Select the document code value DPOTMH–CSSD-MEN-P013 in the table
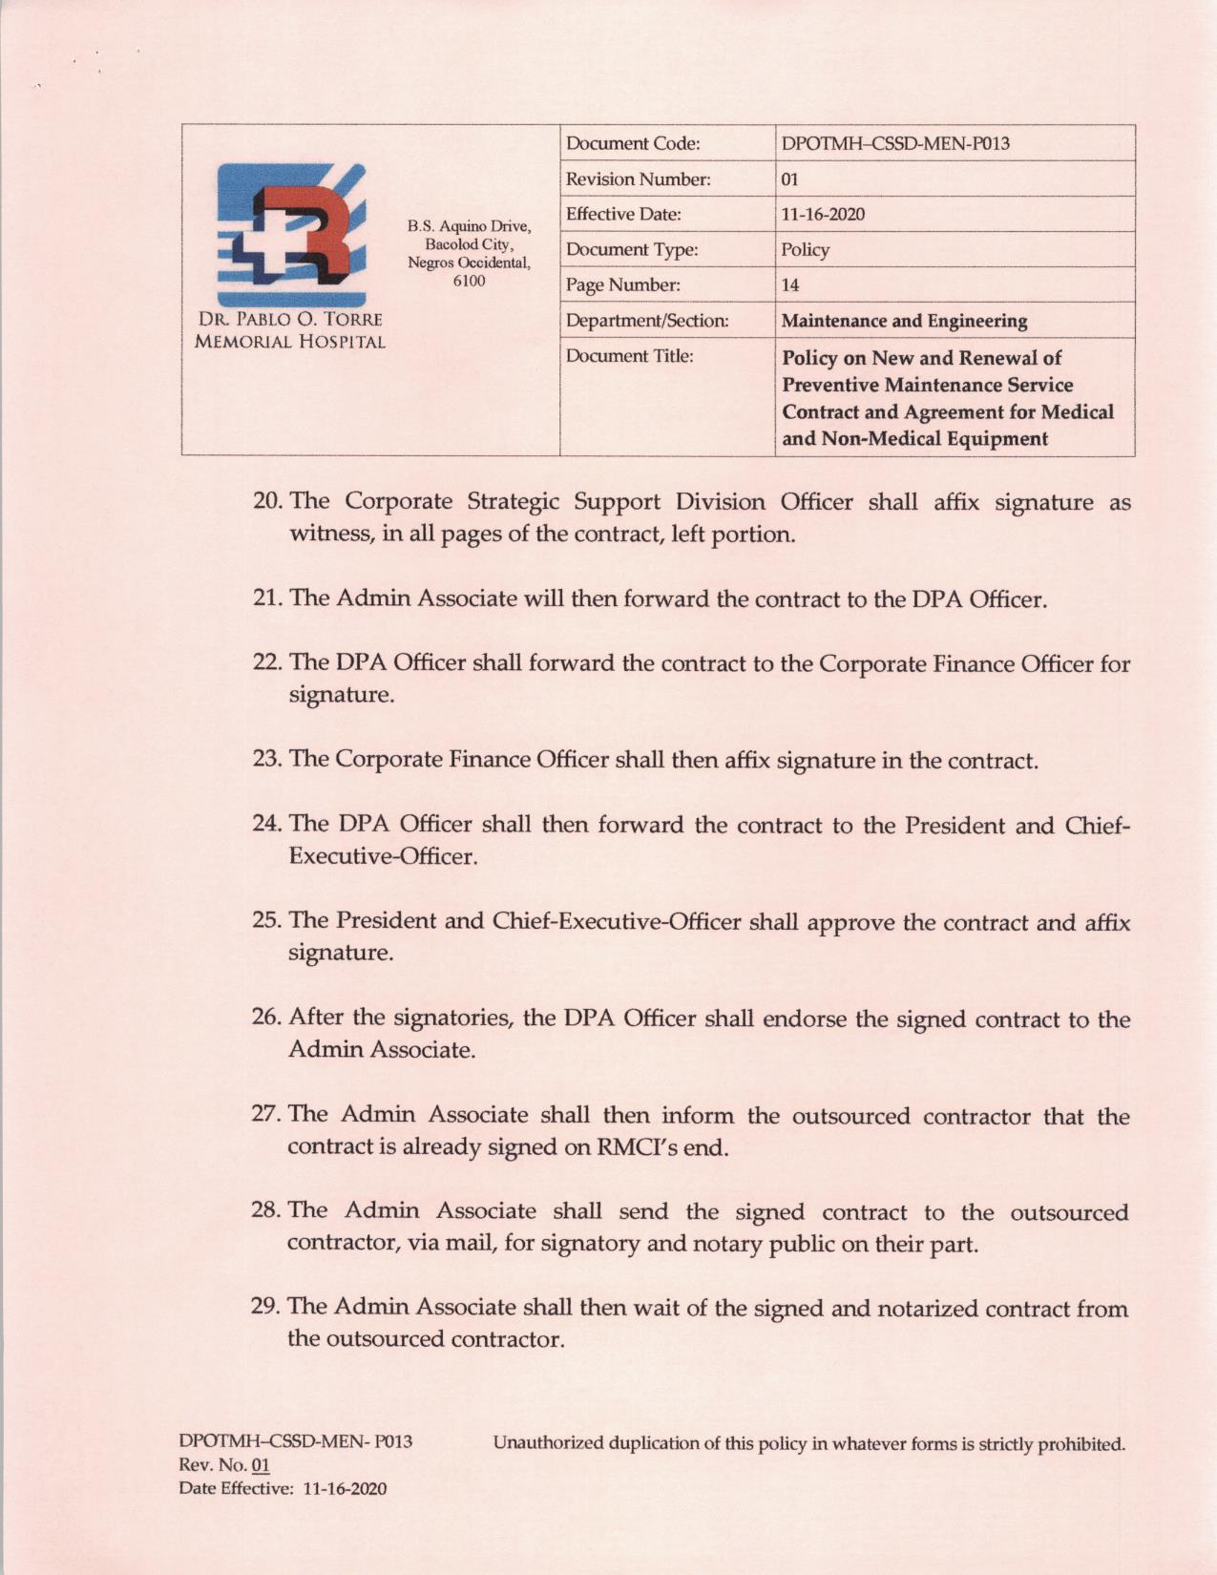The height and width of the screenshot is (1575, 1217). tap(894, 144)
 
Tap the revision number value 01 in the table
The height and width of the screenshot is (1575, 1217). tap(789, 179)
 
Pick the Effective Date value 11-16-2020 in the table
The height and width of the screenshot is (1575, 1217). tap(823, 215)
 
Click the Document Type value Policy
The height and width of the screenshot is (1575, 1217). tap(805, 250)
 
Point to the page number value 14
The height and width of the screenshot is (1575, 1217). tap(789, 285)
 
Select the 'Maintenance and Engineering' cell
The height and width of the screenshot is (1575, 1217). tap(904, 321)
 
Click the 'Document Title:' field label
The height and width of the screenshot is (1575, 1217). tap(629, 356)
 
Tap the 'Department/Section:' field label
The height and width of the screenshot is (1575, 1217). tap(647, 321)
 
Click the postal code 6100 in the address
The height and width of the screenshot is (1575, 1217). tap(469, 281)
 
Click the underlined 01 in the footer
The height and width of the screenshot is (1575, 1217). tap(261, 1465)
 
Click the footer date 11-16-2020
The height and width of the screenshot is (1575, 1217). tap(345, 1489)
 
